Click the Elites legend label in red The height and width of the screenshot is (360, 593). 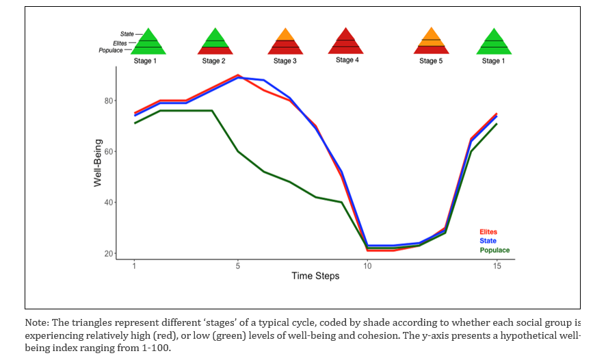coord(488,232)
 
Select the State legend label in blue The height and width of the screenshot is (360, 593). coord(488,241)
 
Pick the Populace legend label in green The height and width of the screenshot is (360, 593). coord(494,250)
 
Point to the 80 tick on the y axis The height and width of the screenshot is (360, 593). coord(109,101)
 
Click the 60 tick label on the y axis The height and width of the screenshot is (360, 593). coord(109,151)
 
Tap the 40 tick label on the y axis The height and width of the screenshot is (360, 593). coord(109,203)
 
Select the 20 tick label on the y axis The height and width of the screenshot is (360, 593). coord(109,254)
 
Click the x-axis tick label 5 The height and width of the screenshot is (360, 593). coord(238,266)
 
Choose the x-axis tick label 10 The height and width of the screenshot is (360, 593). coord(368,266)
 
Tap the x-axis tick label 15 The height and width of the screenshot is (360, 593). coord(497,266)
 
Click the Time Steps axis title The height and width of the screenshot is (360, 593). coord(315,277)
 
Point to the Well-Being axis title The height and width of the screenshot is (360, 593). coord(98,164)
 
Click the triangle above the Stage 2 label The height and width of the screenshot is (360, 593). coord(215,42)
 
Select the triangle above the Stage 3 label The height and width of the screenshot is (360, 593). coord(285,42)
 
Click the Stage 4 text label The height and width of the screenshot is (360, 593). coord(347,60)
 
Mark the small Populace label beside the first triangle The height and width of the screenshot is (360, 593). coord(111,50)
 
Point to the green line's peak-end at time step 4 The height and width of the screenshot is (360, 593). coord(212,110)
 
